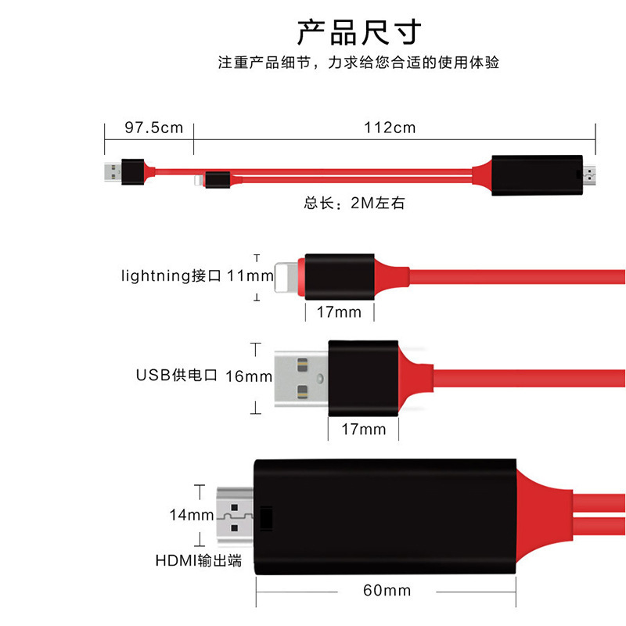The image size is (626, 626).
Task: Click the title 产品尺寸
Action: tap(359, 32)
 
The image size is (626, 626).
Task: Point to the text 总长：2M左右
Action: tap(354, 203)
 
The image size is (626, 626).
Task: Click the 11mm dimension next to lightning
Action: tap(250, 276)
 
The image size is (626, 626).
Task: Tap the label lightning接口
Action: tap(172, 276)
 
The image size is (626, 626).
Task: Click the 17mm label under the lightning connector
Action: tap(339, 312)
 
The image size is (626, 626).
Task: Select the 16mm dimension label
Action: tap(249, 376)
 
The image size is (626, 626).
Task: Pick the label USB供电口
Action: tap(176, 376)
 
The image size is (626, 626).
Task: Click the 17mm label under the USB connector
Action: tap(364, 429)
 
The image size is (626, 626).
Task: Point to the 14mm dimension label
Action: tap(192, 515)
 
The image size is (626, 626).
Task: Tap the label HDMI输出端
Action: tap(198, 560)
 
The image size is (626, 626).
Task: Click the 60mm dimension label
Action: tap(387, 591)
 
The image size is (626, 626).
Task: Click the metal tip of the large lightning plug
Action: tap(288, 276)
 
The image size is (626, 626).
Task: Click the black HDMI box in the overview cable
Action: tap(536, 175)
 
